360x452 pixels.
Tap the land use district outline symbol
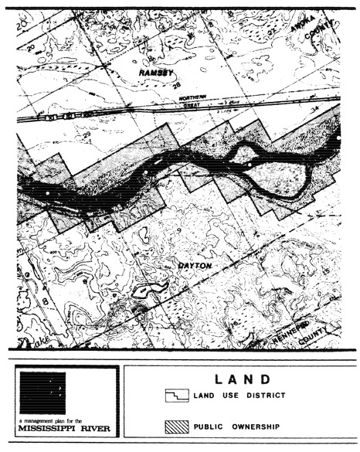click(176, 395)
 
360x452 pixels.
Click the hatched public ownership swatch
click(176, 426)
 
